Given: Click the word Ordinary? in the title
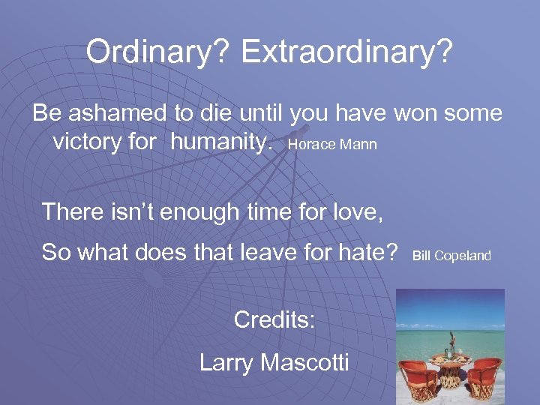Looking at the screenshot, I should coord(157,52).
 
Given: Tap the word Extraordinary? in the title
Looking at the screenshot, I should coord(347,52).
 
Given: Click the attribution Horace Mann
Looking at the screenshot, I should coord(332,144).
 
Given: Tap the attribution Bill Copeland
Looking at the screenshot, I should coord(451,256).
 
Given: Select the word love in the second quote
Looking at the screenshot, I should coord(358,212).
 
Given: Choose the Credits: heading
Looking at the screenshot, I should coord(274,319).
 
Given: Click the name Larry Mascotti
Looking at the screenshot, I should coord(274,363).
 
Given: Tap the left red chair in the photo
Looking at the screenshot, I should coord(419,375).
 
